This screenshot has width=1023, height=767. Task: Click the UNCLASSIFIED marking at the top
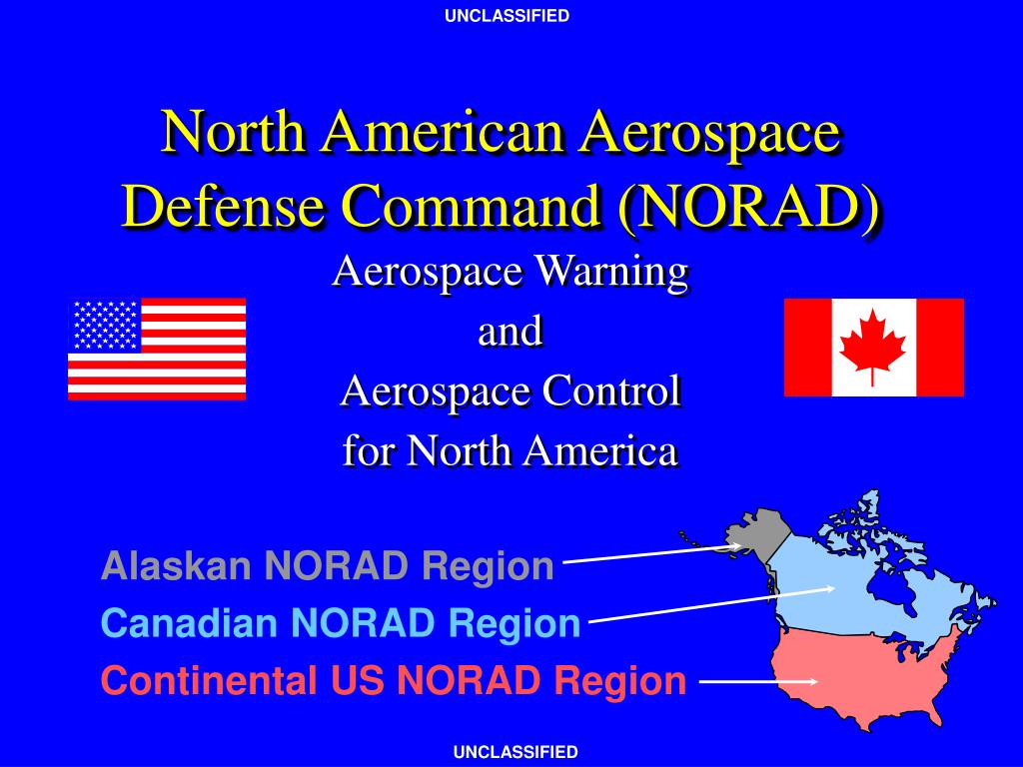click(507, 16)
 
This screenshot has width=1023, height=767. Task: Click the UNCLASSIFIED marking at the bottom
click(515, 752)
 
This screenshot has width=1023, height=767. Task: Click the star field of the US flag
click(105, 326)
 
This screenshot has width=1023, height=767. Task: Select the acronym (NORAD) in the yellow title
click(750, 205)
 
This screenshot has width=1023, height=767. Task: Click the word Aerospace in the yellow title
click(710, 131)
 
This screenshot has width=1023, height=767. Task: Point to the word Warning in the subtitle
click(610, 272)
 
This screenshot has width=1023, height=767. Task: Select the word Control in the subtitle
click(611, 390)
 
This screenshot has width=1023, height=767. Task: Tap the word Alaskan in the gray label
click(176, 565)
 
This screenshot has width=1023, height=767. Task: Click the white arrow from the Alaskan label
click(652, 553)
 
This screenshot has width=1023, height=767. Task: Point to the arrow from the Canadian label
click(711, 604)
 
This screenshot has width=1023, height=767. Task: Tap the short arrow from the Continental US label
click(758, 681)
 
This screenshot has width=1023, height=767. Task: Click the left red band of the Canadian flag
click(807, 347)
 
